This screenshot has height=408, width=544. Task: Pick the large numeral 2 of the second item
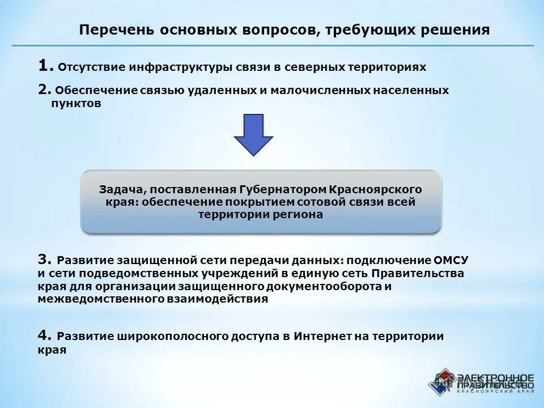[x=44, y=90]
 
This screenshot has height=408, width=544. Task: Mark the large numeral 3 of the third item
[x=44, y=260]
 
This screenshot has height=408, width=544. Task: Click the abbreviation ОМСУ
[x=452, y=261]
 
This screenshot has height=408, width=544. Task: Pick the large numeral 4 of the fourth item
[x=44, y=335]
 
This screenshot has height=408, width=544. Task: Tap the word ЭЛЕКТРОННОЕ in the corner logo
[x=495, y=377]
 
